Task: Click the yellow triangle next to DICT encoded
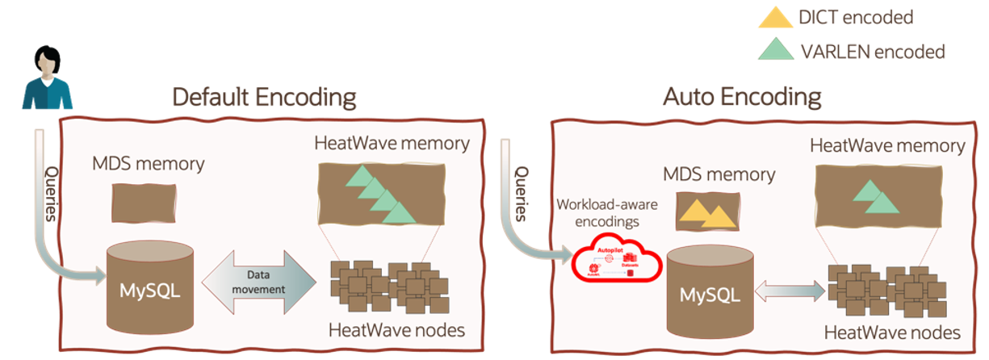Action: coord(777,19)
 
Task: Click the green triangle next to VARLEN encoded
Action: coord(776,52)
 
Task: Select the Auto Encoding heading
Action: coord(742,98)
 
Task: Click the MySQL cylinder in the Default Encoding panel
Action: coord(151,286)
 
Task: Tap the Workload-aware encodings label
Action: coord(607,211)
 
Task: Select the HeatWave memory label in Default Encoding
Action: coord(392,144)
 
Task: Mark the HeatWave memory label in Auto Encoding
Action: coord(886,146)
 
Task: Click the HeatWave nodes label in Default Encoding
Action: coord(384,330)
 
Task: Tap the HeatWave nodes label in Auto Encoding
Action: coord(891,333)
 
